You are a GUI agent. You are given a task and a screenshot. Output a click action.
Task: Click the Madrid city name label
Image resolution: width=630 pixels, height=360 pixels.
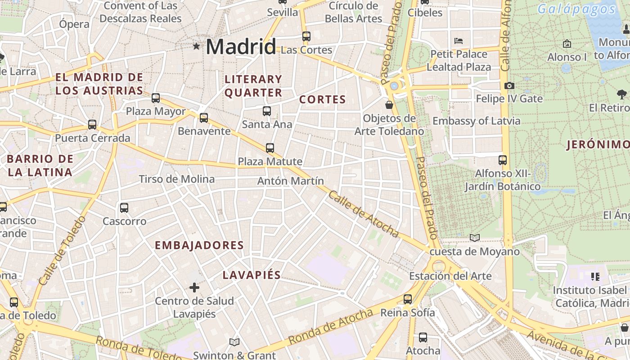pos(241,47)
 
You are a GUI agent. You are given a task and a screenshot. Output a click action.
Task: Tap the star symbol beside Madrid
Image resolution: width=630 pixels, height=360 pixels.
pos(196,46)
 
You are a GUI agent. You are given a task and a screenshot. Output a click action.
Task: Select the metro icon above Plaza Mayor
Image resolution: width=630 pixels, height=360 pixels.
pos(156,98)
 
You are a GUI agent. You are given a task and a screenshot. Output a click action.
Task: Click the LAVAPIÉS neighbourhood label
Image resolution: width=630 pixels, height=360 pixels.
pos(252,275)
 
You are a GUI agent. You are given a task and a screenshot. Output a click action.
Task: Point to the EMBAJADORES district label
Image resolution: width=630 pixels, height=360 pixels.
pos(199,245)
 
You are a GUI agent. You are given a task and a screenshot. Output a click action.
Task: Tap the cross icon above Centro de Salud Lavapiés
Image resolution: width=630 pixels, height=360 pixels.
pos(194,287)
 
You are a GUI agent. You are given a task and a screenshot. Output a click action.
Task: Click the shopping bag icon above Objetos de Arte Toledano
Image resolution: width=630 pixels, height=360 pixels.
pos(389,105)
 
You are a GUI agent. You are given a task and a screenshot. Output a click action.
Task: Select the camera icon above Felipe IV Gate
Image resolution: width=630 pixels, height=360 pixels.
pos(509,85)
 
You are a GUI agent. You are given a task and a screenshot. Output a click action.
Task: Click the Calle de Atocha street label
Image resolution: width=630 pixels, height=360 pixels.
pos(364,214)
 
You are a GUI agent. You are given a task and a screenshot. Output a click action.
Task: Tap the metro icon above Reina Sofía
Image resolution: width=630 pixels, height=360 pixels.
pos(408,299)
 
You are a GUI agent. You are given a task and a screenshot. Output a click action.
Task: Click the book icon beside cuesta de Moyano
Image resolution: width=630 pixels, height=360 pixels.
pos(474,238)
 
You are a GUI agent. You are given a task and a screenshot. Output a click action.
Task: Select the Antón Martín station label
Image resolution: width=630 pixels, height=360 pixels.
pos(290,181)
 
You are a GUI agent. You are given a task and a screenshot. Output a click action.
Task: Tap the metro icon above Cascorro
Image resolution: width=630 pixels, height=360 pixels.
pos(124,208)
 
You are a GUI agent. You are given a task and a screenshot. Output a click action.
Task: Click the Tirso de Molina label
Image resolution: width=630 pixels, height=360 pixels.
pos(176,179)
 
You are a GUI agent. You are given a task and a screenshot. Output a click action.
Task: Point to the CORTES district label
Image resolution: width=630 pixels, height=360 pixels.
pos(323,99)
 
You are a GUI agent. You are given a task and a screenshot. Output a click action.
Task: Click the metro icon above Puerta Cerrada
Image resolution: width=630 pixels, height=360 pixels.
pos(92,125)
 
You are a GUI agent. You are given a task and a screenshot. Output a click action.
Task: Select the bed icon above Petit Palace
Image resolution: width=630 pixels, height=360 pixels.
pos(459,41)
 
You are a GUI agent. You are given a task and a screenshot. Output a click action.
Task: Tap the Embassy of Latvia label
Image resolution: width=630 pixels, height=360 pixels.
pos(476,121)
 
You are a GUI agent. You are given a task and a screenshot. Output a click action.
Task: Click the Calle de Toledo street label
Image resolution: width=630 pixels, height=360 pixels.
pos(62,251)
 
